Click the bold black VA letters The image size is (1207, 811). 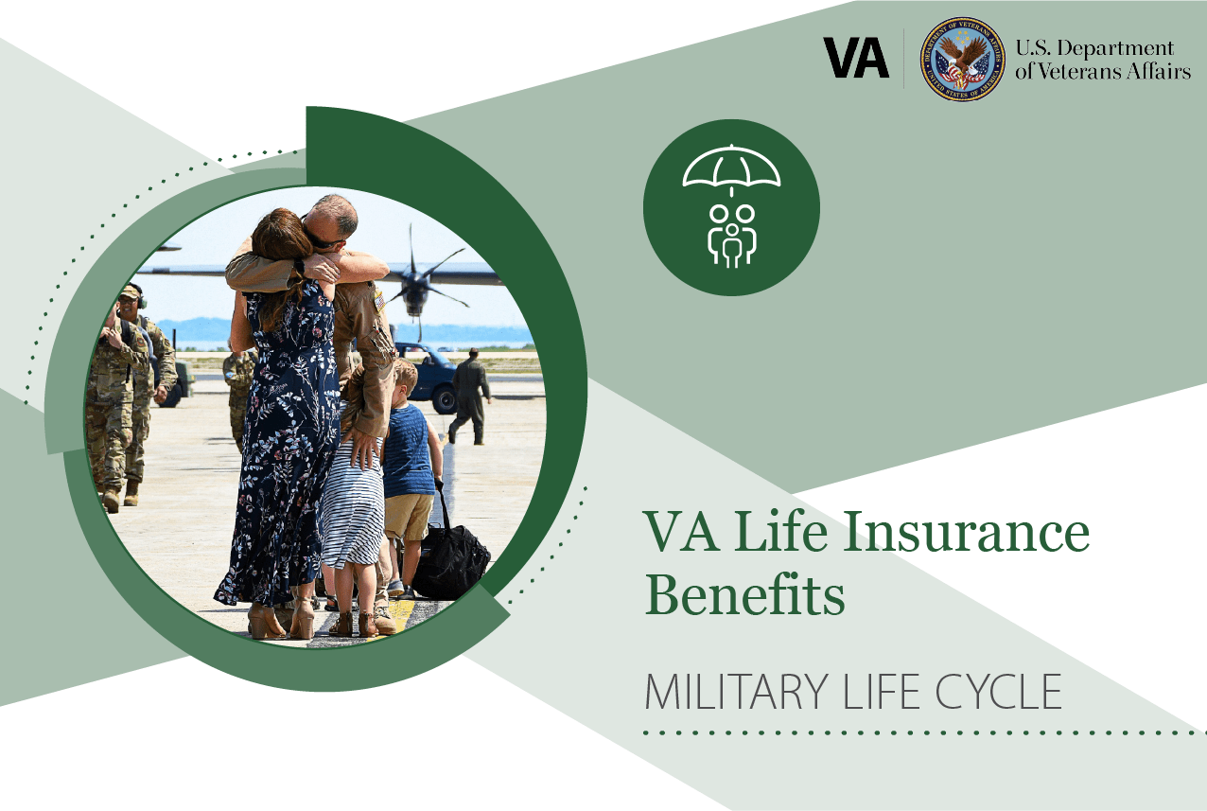(856, 58)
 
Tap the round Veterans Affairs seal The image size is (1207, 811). (962, 59)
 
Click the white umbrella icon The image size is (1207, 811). (731, 169)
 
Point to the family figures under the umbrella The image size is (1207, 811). (731, 236)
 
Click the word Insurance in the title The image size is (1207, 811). (966, 532)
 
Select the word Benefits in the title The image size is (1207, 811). (745, 595)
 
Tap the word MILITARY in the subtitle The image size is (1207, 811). (736, 692)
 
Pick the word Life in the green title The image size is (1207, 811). (780, 532)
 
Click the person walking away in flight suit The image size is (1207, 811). (470, 397)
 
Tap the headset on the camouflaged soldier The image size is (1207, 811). (138, 296)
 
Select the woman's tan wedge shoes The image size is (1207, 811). (281, 619)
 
